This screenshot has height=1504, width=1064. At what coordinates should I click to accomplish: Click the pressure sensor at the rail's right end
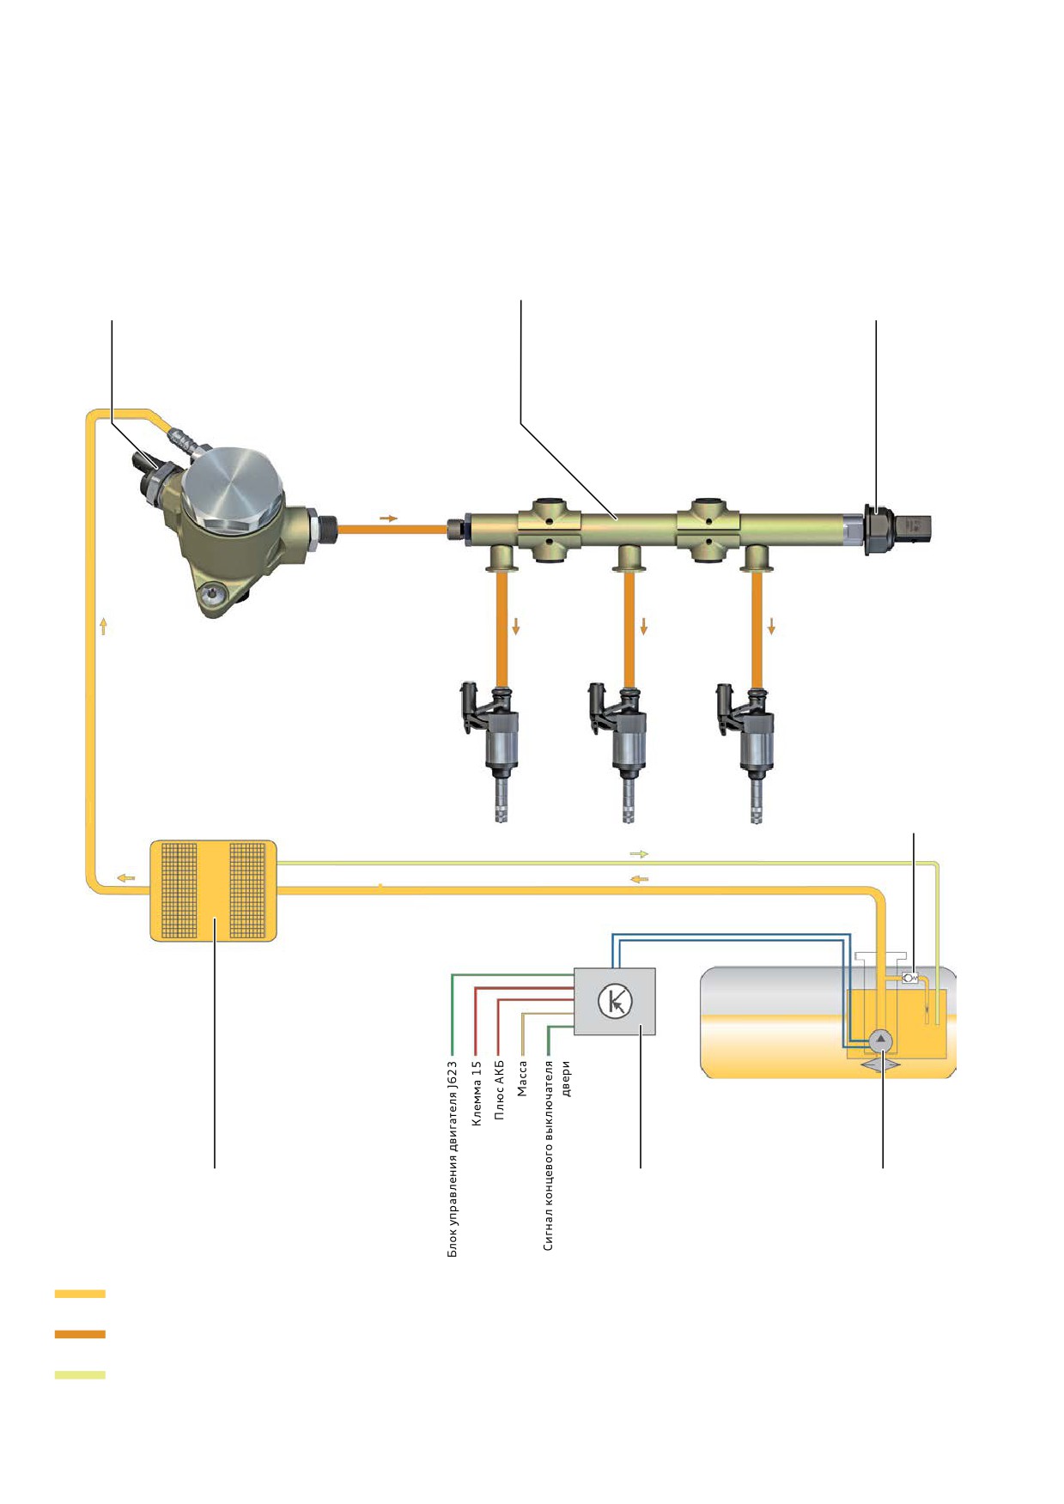click(897, 529)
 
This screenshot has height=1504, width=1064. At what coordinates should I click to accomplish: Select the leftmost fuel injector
click(491, 752)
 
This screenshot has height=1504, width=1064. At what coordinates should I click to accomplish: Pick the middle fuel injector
click(619, 752)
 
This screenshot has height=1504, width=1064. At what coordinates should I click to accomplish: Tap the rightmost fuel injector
click(747, 752)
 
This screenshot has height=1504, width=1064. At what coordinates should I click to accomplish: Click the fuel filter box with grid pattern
click(214, 890)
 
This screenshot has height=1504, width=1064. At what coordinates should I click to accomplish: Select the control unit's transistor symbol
click(615, 1001)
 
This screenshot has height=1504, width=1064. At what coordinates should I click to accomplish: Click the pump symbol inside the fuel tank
click(881, 1040)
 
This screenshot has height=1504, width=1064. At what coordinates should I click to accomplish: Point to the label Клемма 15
click(477, 1093)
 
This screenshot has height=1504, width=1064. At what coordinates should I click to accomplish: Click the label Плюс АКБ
click(499, 1089)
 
